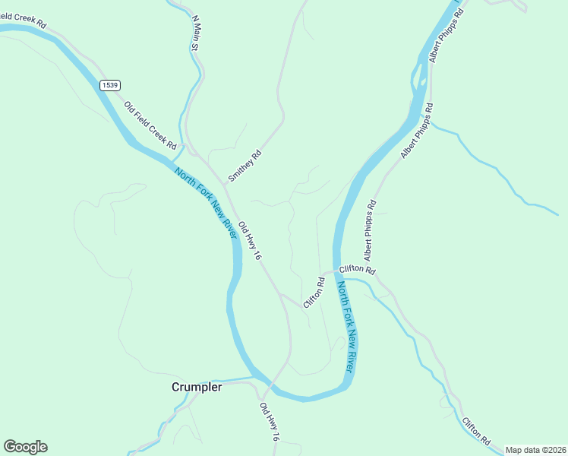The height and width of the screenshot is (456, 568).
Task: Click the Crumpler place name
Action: pyautogui.click(x=197, y=387)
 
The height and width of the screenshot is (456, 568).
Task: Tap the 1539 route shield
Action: pyautogui.click(x=109, y=85)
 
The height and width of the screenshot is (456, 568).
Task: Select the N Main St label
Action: pyautogui.click(x=195, y=33)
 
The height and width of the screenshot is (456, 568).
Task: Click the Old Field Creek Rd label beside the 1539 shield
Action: pyautogui.click(x=150, y=125)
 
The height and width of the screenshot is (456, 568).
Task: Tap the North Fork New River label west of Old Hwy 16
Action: pyautogui.click(x=207, y=203)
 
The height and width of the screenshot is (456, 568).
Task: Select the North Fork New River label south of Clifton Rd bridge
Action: pyautogui.click(x=346, y=326)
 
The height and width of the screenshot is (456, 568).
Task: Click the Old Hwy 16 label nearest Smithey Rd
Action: pyautogui.click(x=250, y=242)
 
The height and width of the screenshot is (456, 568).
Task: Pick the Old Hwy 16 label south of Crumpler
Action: pyautogui.click(x=270, y=423)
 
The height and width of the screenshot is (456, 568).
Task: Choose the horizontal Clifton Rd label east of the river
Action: pyautogui.click(x=357, y=269)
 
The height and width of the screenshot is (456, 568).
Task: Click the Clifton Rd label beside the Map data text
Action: pyautogui.click(x=475, y=431)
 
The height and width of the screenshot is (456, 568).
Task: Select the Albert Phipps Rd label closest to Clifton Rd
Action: pyautogui.click(x=371, y=228)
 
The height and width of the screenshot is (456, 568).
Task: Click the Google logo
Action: pyautogui.click(x=25, y=447)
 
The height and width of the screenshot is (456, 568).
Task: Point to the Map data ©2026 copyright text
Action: pyautogui.click(x=535, y=450)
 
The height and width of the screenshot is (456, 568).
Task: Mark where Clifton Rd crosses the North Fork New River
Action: pyautogui.click(x=337, y=271)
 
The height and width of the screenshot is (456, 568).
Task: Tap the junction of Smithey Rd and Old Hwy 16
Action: pyautogui.click(x=226, y=183)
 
